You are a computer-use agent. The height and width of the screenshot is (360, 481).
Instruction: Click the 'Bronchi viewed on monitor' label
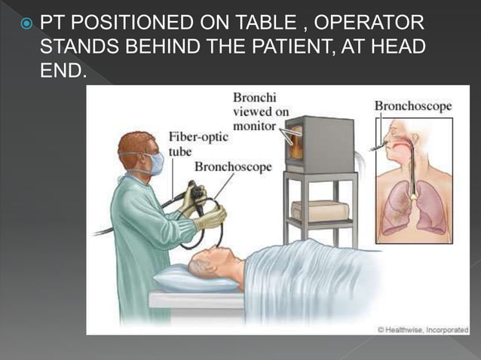(x=260, y=111)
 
